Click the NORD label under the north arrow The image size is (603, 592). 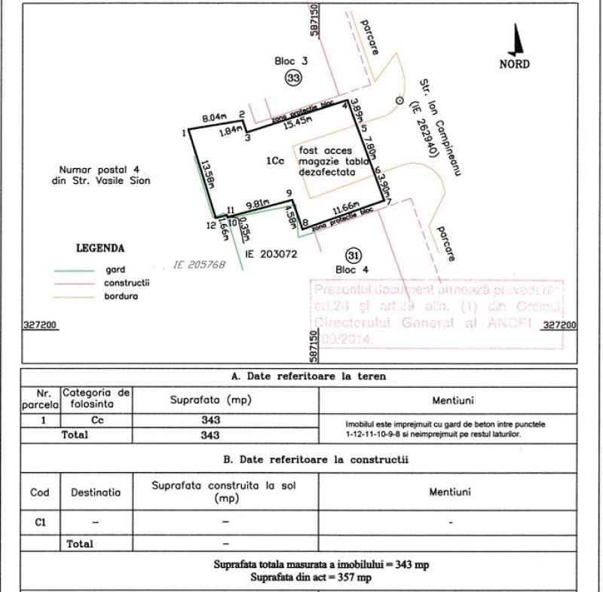coord(515,64)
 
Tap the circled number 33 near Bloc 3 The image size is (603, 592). coord(292,78)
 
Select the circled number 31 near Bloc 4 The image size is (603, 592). coord(354,255)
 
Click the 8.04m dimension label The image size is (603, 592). coord(214,118)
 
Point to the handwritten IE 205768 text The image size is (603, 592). coord(200,265)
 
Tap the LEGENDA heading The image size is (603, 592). coord(100,247)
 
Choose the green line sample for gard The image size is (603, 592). coord(74,269)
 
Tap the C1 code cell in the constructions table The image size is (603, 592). coord(40,521)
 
